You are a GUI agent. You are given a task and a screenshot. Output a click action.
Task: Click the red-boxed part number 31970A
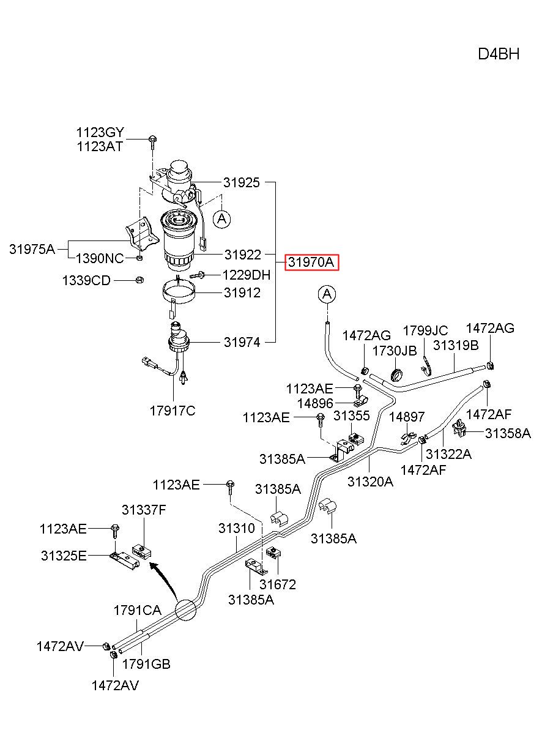click(311, 263)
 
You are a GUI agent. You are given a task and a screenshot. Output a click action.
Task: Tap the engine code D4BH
click(499, 54)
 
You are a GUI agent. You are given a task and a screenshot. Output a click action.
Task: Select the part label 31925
click(242, 182)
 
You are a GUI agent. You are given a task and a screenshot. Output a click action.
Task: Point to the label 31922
click(243, 255)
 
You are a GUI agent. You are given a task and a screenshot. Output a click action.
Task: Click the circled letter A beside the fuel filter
click(221, 219)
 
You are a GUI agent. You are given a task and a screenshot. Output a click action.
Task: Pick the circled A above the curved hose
click(327, 294)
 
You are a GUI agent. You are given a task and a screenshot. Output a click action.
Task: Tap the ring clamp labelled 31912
click(179, 291)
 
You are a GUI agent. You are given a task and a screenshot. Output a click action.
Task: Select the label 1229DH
click(247, 275)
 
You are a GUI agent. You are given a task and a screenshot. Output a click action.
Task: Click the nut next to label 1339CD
click(139, 280)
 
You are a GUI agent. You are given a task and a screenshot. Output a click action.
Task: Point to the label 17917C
click(173, 411)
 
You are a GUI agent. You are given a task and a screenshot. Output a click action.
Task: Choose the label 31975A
click(32, 249)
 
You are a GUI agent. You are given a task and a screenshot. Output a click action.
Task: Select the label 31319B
click(456, 345)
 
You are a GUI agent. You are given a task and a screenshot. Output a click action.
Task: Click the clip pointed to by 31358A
click(459, 428)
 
